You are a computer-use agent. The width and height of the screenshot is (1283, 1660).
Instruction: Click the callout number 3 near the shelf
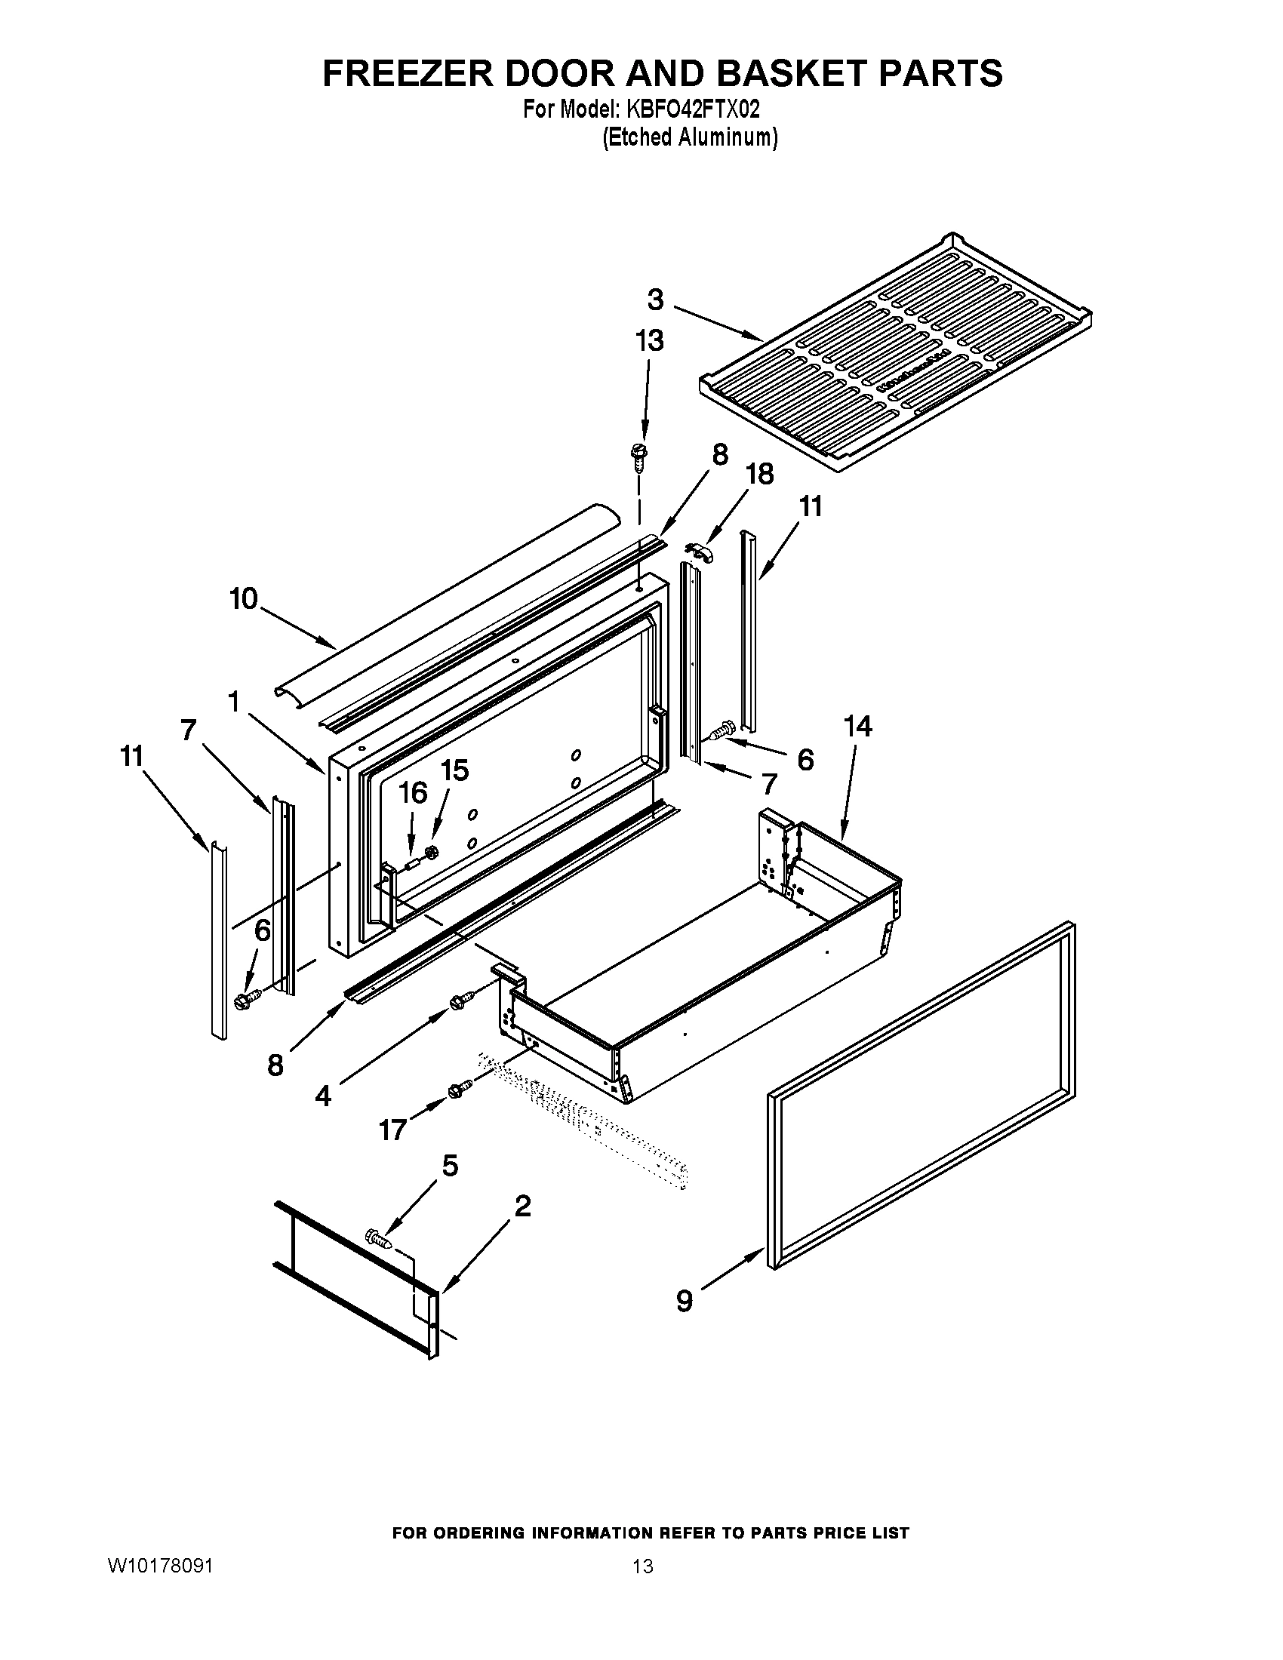click(655, 300)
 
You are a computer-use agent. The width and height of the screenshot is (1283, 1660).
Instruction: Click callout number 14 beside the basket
click(857, 727)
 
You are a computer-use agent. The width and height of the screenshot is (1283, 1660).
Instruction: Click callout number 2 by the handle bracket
click(522, 1207)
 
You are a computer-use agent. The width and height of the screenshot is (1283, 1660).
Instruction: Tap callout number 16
click(414, 793)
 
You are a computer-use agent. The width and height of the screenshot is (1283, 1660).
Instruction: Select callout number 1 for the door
click(233, 702)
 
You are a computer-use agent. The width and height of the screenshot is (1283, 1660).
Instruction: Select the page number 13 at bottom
click(642, 1566)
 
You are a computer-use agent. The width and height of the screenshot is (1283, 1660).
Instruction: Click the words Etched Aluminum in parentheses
click(690, 137)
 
